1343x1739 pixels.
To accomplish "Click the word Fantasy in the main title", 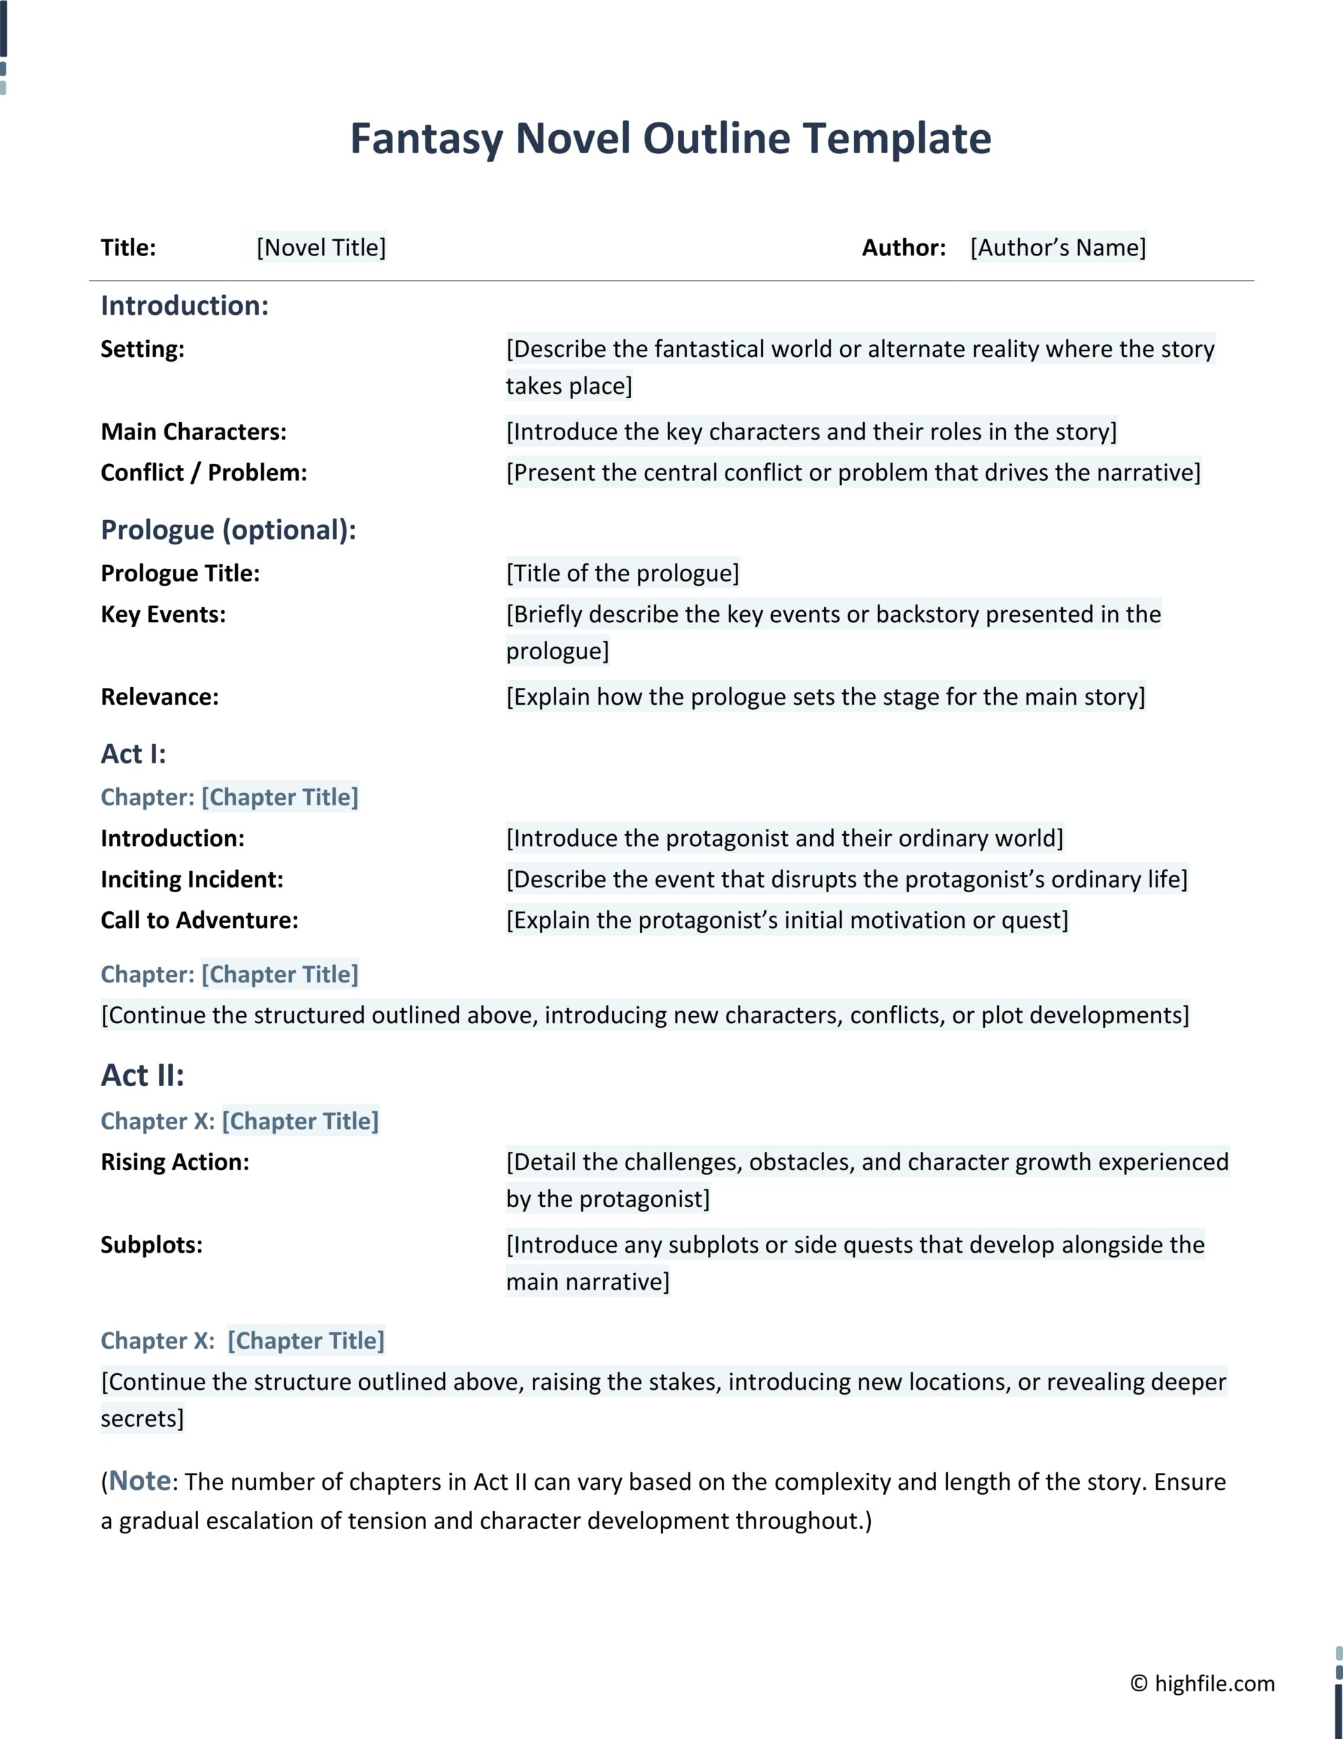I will [427, 139].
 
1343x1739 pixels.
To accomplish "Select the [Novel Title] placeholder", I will [321, 248].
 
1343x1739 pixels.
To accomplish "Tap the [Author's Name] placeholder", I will [1057, 248].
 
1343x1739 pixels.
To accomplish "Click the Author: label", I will [904, 248].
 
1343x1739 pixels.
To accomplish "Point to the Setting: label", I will [143, 348].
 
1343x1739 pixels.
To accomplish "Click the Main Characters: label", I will [194, 432].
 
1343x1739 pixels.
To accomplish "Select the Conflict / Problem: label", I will [204, 473].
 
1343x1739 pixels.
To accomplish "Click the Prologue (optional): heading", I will [229, 530].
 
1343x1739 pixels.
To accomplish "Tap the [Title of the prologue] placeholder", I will [623, 573].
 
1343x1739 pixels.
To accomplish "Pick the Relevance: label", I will [159, 698].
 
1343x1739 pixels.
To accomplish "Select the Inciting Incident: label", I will [192, 880].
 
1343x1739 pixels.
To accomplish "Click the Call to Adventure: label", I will [199, 920].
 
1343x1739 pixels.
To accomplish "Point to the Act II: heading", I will [143, 1076].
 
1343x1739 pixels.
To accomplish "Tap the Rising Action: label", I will [174, 1162].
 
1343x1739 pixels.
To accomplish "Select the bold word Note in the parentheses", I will [140, 1481].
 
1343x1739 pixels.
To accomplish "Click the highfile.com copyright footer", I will [1202, 1683].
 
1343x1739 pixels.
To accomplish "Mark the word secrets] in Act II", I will [142, 1419].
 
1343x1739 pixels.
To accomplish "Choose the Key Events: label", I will [163, 614].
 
